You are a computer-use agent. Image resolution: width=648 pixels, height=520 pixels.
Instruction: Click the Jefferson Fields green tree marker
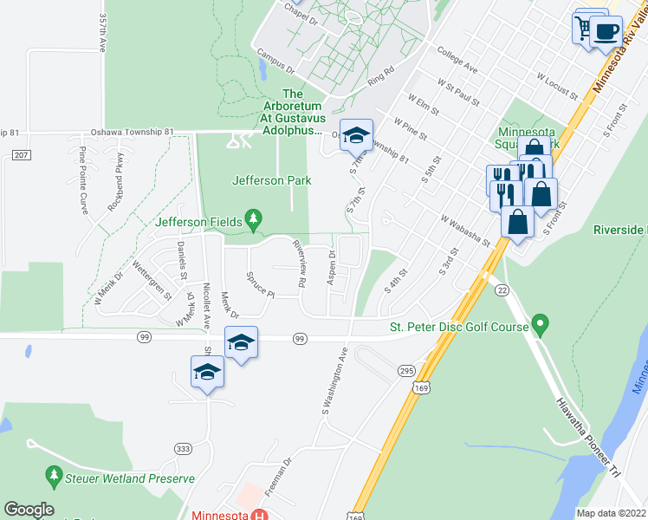253,219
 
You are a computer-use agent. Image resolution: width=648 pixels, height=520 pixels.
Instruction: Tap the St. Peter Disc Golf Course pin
541,326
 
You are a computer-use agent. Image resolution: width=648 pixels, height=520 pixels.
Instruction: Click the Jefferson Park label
271,181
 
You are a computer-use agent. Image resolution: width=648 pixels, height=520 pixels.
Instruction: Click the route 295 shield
406,371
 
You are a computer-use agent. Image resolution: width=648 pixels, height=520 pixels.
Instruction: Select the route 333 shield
182,448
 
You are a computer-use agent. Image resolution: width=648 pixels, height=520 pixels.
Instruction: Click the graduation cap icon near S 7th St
355,135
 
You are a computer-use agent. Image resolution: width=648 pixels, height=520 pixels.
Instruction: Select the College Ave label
457,59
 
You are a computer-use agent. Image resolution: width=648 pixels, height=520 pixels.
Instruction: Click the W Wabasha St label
465,231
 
